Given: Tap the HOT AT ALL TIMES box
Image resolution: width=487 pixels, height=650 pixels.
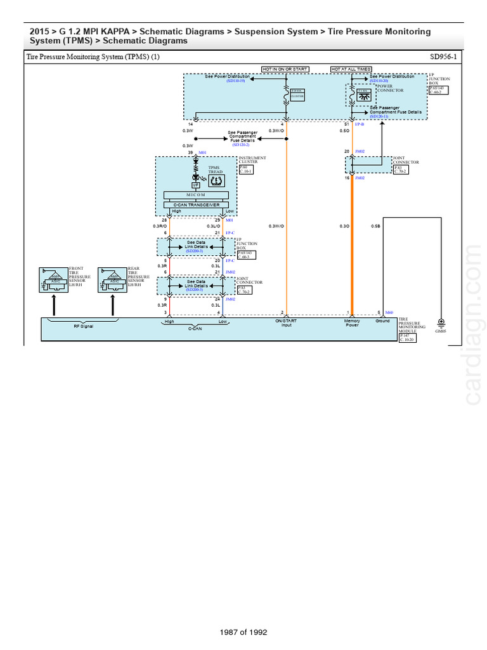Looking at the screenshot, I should (x=351, y=69).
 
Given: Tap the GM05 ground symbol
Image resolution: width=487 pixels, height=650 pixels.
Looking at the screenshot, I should (x=442, y=323).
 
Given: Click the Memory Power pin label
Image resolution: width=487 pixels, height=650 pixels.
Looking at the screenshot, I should (x=352, y=323).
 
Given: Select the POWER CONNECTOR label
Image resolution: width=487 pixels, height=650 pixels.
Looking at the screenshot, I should (x=389, y=88).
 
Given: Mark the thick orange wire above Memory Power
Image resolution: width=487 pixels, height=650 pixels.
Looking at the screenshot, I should (x=353, y=267).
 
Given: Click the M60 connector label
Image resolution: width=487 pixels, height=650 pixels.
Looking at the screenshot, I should (x=389, y=312).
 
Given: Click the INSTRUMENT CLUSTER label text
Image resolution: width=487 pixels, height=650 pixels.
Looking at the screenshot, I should (x=252, y=159).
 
